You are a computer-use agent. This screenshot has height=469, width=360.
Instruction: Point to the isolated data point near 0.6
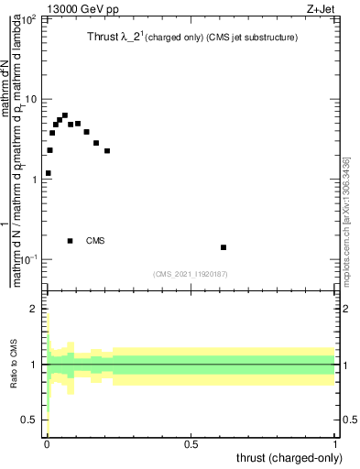[x=224, y=247]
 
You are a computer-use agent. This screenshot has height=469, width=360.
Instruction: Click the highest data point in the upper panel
[x=65, y=115]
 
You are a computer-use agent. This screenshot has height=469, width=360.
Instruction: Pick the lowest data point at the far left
[x=48, y=173]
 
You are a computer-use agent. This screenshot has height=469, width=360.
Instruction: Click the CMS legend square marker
[x=71, y=241]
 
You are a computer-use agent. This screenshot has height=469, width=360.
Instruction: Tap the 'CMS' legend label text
[x=95, y=241]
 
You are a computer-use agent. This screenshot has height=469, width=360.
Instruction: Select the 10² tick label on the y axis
[x=28, y=18]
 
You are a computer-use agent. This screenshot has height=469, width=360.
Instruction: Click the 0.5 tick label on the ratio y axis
[x=32, y=420]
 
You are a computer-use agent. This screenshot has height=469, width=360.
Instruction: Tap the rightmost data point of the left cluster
[x=107, y=151]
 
